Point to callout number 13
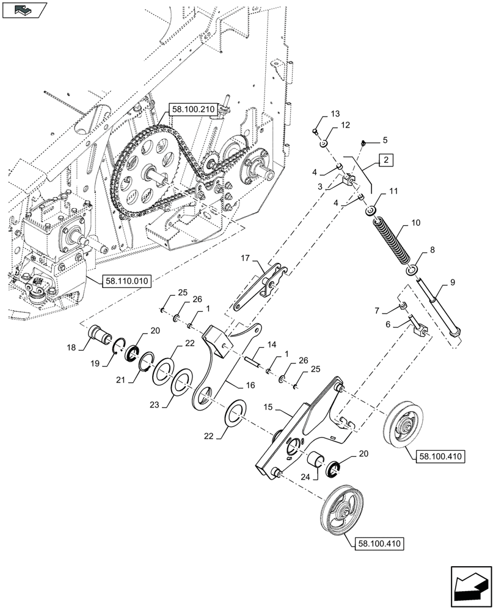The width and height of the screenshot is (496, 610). click(x=335, y=114)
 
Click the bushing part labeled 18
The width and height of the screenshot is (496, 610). click(x=97, y=335)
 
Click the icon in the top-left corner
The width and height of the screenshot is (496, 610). click(x=24, y=10)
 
